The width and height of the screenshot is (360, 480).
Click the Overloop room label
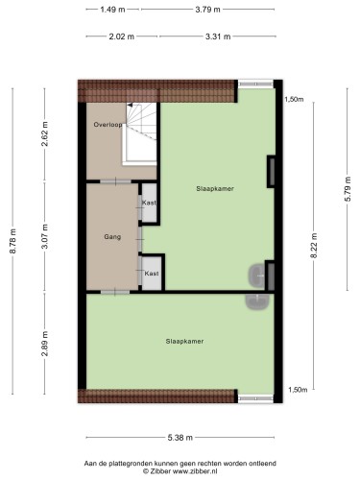tap(108, 125)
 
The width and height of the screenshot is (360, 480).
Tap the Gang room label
tap(112, 237)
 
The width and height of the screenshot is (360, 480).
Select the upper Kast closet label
tap(149, 203)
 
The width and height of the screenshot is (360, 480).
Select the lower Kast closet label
tap(152, 274)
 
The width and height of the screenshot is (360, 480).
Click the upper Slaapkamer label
tap(215, 189)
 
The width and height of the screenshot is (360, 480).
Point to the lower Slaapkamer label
tap(184, 342)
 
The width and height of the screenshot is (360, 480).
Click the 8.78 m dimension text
tap(13, 241)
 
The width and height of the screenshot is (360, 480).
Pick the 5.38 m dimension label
tap(180, 438)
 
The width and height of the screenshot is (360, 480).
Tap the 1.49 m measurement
tap(112, 10)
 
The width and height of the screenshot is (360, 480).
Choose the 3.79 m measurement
tap(207, 10)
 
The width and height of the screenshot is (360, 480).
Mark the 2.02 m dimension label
tap(122, 36)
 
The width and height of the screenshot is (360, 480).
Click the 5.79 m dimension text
tap(348, 189)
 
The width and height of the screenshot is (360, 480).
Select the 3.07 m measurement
tap(45, 236)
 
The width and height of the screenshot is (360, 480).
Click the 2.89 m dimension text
tap(45, 344)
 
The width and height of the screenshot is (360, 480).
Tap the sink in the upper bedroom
tap(256, 276)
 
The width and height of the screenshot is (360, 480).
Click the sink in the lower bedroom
tap(257, 301)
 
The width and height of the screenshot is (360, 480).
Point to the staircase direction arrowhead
tap(130, 105)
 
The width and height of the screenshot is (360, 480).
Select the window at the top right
tap(255, 84)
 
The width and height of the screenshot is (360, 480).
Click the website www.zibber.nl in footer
tap(195, 471)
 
